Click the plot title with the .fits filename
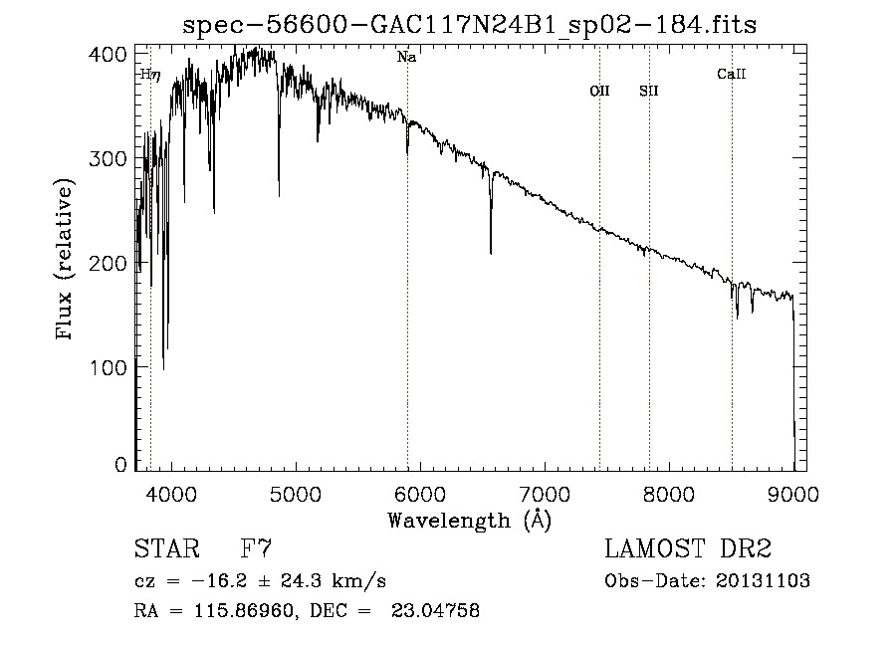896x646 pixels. [470, 25]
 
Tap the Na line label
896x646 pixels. [406, 58]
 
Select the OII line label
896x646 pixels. [599, 91]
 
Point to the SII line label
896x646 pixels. [649, 91]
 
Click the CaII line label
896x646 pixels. [732, 74]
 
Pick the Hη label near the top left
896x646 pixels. [149, 74]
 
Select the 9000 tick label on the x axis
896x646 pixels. [793, 492]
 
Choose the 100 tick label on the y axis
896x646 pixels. [113, 367]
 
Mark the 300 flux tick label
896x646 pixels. [113, 158]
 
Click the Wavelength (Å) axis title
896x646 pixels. [469, 519]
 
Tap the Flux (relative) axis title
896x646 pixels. [67, 261]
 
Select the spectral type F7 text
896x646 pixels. [257, 549]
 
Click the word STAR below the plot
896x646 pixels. [164, 549]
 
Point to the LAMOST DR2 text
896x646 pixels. [688, 549]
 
